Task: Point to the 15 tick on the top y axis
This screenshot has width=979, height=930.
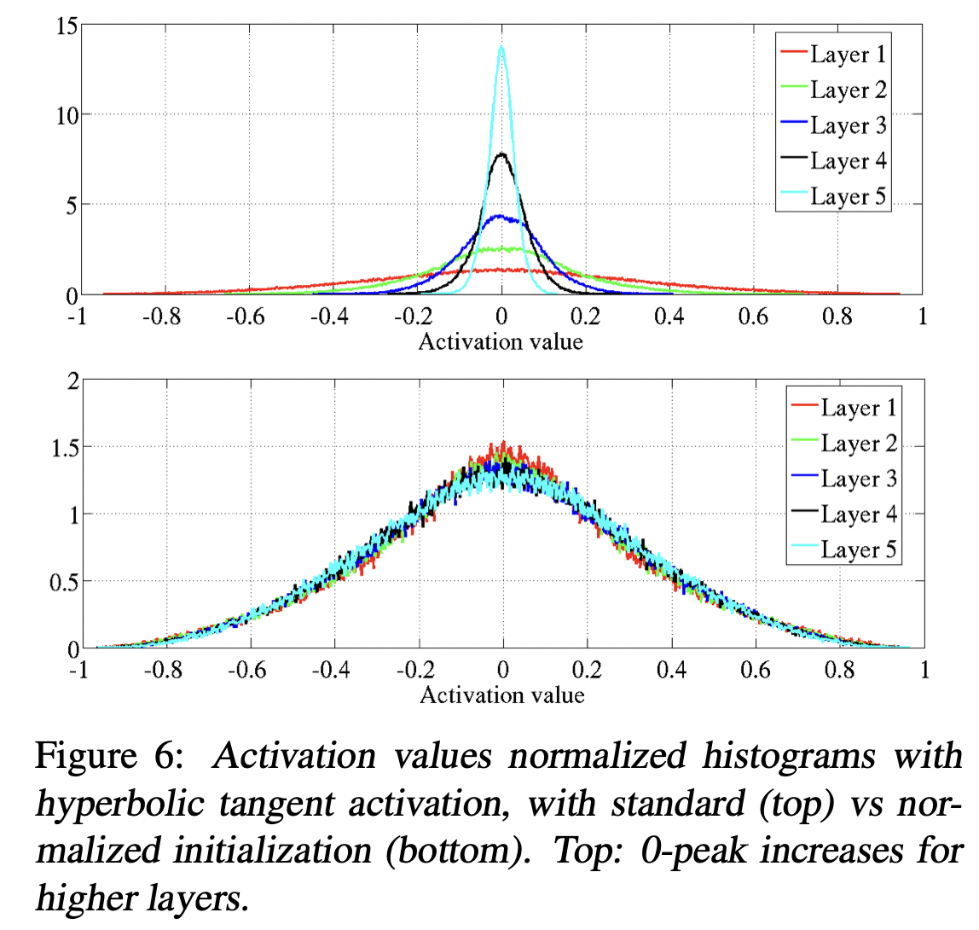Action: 67,26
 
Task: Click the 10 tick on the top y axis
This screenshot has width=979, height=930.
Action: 67,115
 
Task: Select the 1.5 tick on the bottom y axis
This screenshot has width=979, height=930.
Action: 60,447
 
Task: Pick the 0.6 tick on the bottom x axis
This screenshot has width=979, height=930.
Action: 756,670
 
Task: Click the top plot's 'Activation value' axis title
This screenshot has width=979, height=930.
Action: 501,342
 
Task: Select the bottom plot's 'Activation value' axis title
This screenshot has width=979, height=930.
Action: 502,695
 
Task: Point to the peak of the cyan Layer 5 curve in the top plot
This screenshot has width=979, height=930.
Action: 502,47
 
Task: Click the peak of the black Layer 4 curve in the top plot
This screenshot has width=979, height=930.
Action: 501,154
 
